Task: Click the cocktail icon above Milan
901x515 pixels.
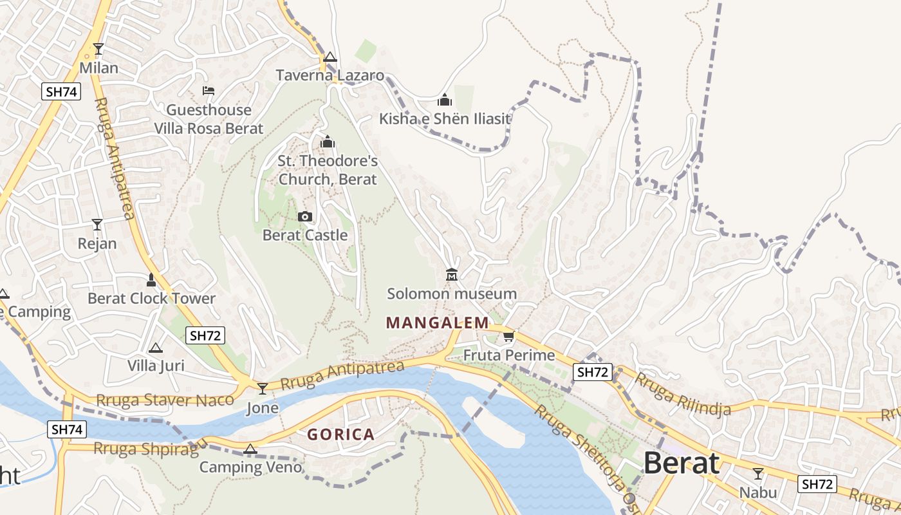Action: (98, 49)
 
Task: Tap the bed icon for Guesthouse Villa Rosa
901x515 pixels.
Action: (209, 91)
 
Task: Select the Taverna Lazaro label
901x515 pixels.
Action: (330, 75)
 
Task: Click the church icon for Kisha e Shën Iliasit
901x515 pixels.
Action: (444, 100)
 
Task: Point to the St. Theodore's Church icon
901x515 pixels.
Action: (328, 142)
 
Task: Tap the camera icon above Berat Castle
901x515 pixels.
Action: (305, 216)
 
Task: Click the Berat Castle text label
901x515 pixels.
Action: (305, 235)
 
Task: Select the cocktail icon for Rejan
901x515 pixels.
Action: (97, 225)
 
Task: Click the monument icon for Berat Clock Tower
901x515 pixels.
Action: (151, 279)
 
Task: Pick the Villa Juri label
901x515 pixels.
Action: (156, 366)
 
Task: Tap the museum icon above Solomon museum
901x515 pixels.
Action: (452, 275)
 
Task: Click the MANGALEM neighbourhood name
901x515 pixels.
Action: (437, 323)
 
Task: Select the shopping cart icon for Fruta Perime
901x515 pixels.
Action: (509, 336)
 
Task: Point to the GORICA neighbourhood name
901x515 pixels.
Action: (340, 435)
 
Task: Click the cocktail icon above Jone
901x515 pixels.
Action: (263, 388)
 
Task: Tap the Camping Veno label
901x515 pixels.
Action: (250, 467)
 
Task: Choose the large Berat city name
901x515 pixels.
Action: (681, 463)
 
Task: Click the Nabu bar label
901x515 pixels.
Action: (757, 492)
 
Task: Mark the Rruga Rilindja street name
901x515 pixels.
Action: (683, 393)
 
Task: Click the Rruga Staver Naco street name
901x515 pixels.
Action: (165, 400)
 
